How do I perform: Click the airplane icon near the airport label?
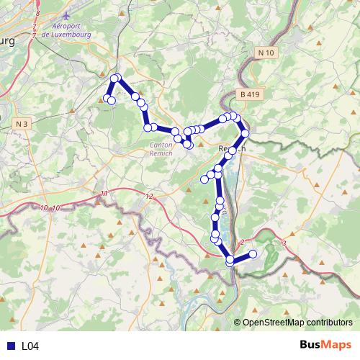67,14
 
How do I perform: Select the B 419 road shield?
249,94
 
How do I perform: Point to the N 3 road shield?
22,124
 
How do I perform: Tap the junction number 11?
104,194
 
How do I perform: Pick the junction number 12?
149,196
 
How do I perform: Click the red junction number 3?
285,244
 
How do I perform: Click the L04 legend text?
30,346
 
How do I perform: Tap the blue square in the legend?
10,346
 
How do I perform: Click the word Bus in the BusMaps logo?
310,345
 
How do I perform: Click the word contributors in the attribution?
331,323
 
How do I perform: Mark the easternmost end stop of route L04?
253,253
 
